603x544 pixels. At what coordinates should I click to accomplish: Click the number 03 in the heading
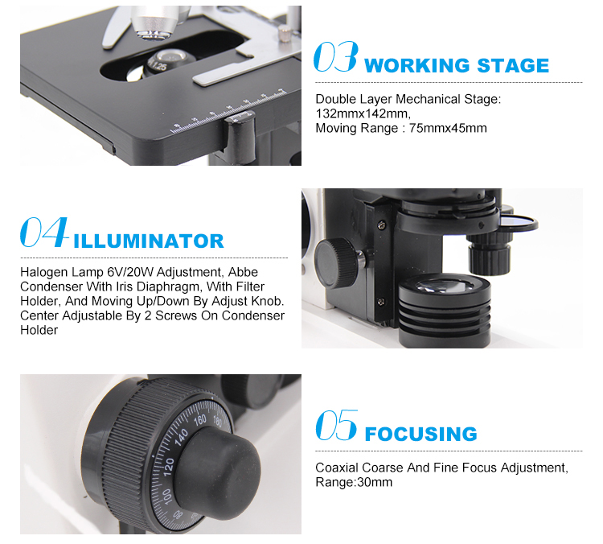tap(336, 57)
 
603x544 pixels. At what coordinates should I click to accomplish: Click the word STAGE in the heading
tap(513, 65)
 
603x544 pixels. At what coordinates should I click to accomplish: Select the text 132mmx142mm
tap(363, 113)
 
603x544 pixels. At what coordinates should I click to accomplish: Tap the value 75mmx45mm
tap(448, 128)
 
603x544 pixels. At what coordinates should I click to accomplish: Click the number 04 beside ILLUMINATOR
tap(44, 232)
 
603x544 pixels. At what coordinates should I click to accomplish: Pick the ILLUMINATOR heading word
tap(149, 241)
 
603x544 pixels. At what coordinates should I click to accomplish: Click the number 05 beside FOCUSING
tap(337, 425)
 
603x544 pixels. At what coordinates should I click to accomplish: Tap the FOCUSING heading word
tap(420, 434)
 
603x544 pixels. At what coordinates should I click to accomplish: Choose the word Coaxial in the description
tap(337, 468)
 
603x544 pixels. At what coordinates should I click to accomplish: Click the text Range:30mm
tap(354, 482)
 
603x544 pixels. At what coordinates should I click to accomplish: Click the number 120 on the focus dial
tap(169, 467)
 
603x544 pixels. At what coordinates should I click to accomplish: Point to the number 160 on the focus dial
tap(200, 420)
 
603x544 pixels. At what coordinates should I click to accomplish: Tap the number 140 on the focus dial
tap(181, 437)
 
